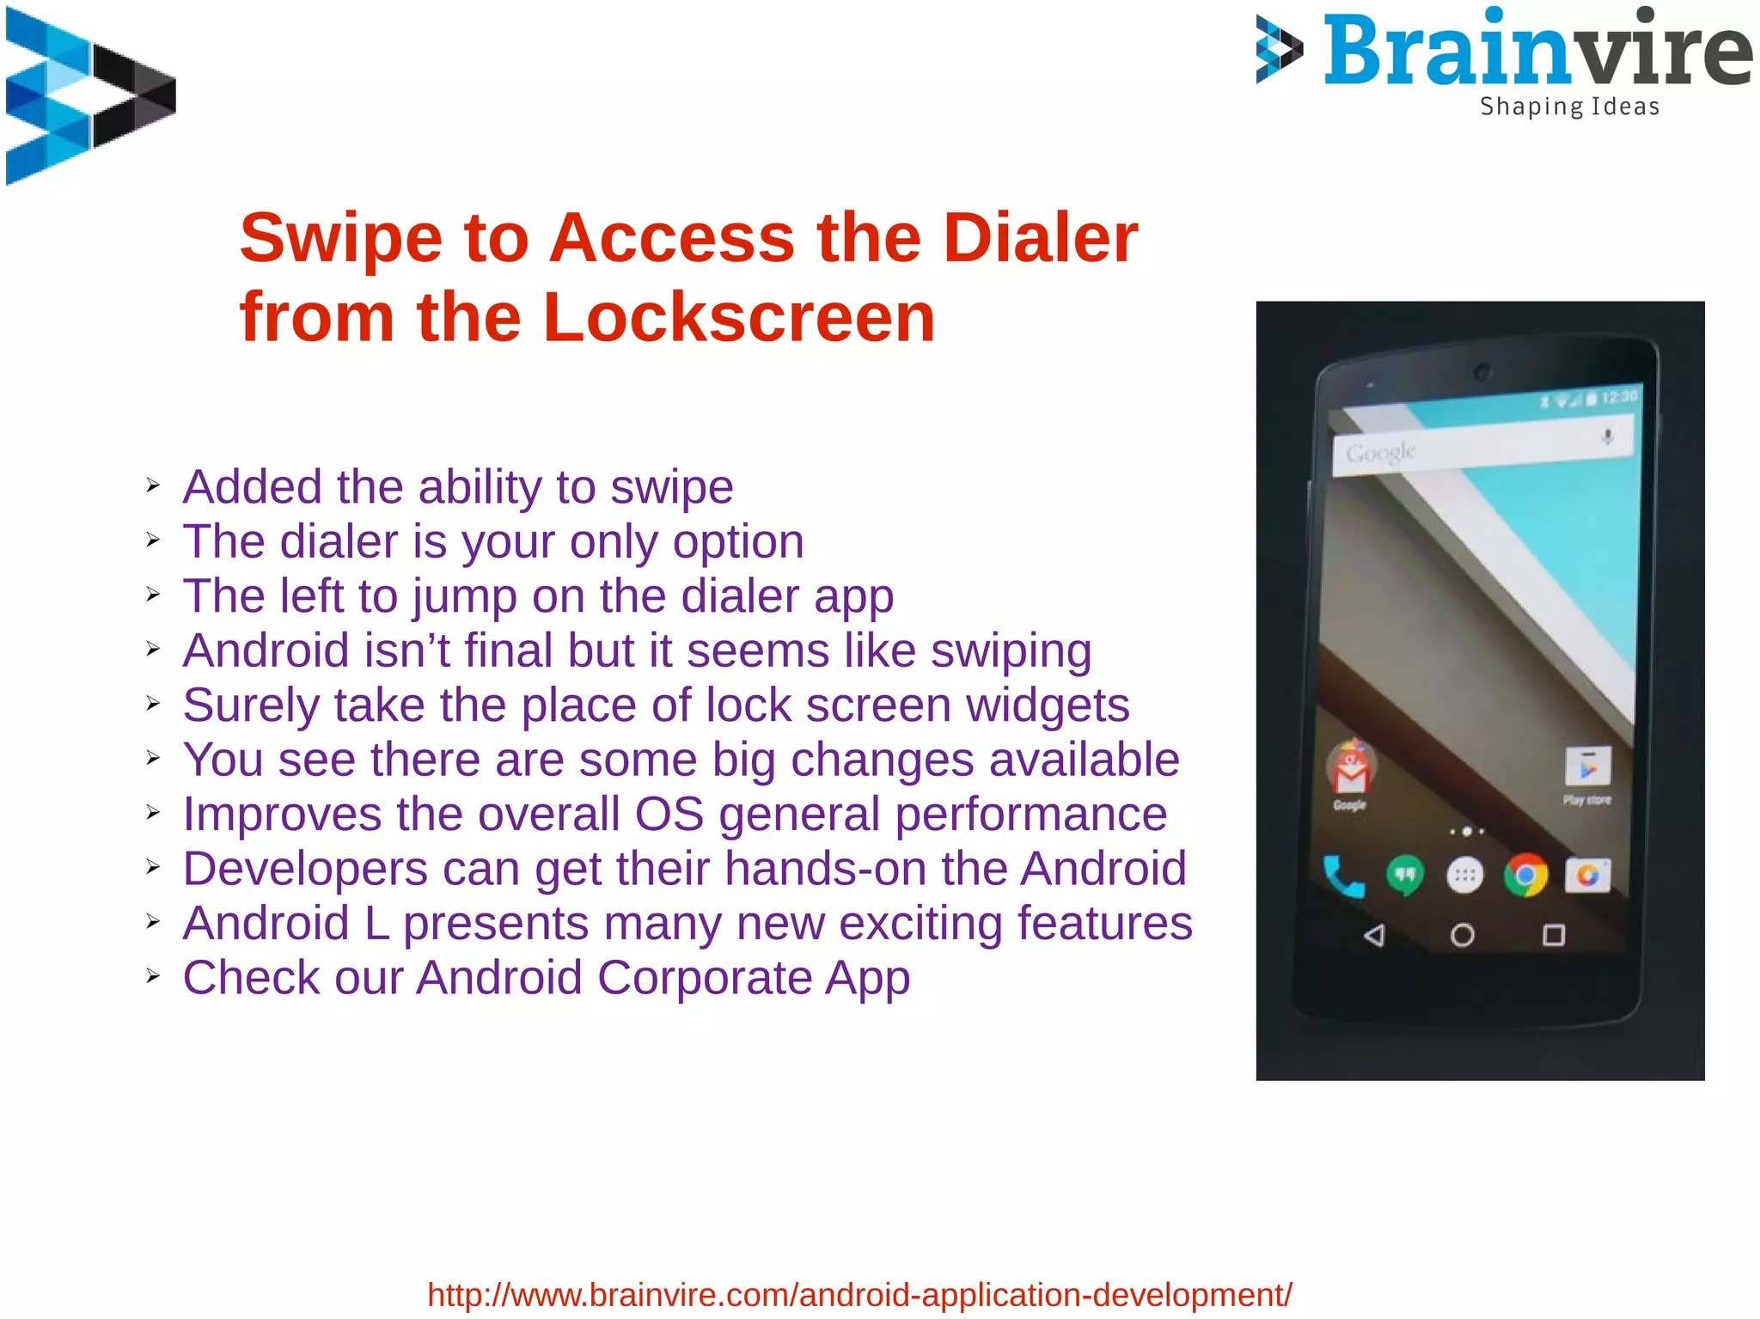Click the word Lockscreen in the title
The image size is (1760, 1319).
(x=739, y=318)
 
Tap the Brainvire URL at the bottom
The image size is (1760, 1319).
(x=859, y=1294)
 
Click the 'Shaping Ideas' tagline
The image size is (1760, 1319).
(x=1569, y=107)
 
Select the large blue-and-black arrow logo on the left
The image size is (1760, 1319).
(x=90, y=96)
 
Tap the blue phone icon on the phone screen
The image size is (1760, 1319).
(x=1342, y=876)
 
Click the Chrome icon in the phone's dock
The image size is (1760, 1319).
(x=1525, y=876)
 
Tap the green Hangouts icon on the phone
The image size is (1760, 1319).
(x=1404, y=876)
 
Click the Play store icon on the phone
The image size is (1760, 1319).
(x=1587, y=767)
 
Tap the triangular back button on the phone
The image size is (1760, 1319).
(x=1374, y=935)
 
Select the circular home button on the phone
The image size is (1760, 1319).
(x=1463, y=935)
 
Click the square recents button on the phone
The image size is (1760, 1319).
(x=1554, y=935)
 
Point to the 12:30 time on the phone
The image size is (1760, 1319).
(x=1619, y=397)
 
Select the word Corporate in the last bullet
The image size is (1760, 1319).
(x=705, y=978)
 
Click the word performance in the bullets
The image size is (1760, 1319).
(x=1030, y=815)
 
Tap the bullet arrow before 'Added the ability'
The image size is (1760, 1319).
(x=153, y=486)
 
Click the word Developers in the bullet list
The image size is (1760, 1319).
(x=305, y=869)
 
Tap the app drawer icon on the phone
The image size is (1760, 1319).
(x=1465, y=876)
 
